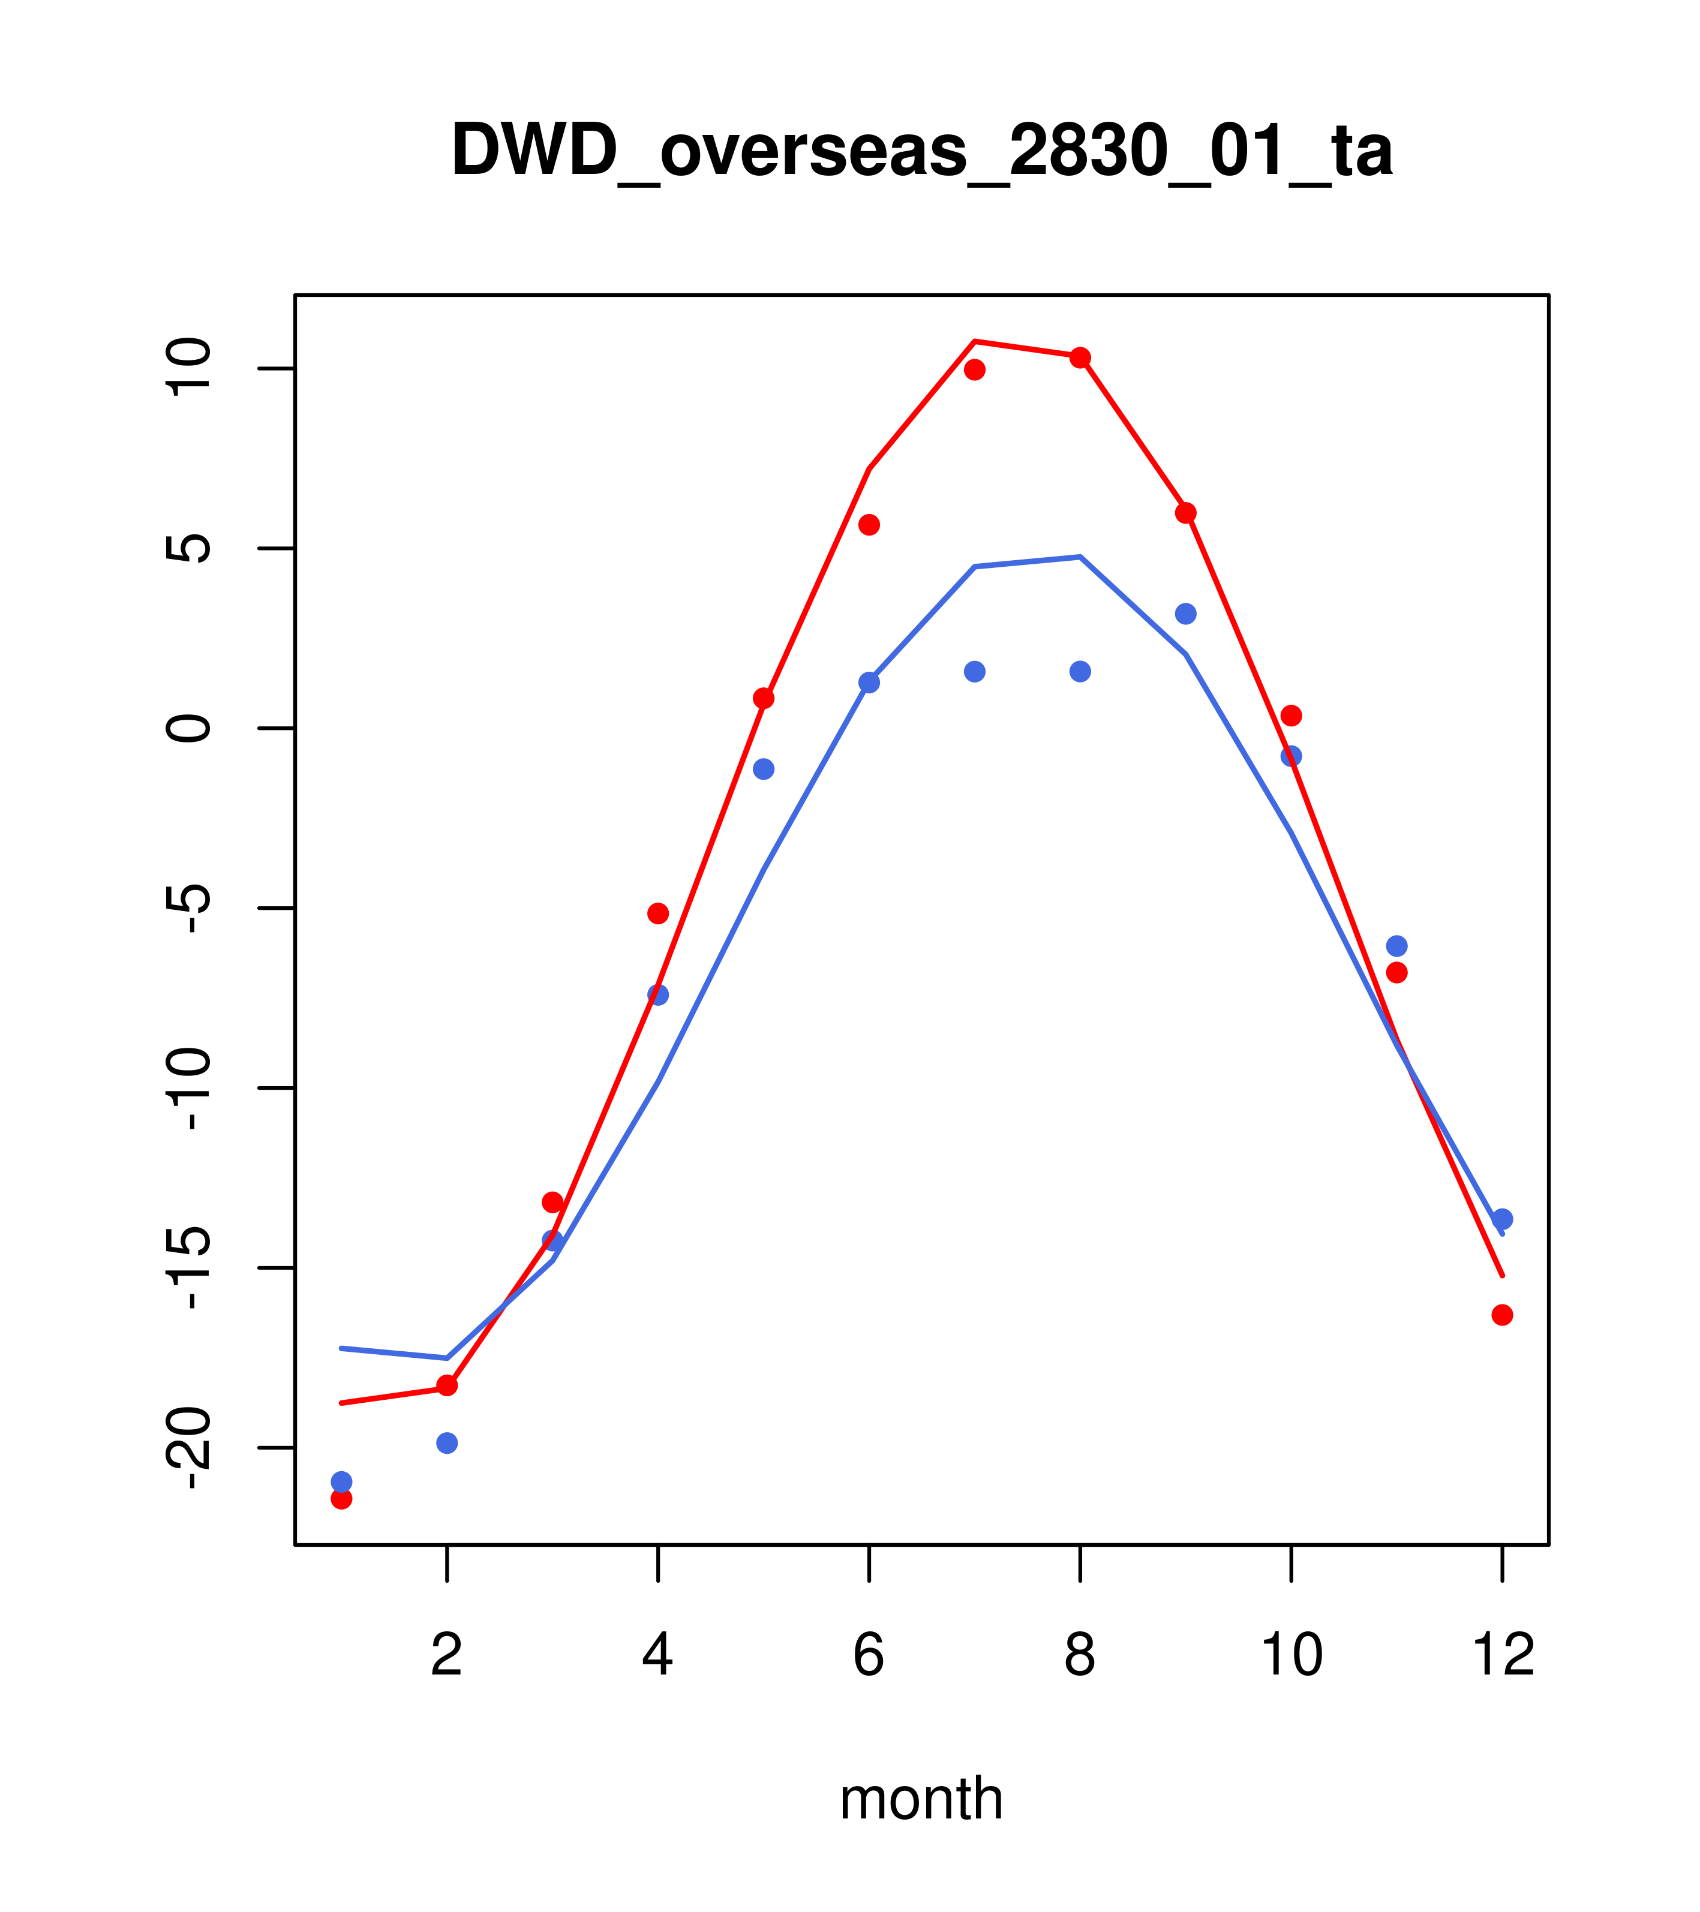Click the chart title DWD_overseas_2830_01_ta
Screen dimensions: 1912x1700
coord(921,151)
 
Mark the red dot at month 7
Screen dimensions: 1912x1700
coord(975,369)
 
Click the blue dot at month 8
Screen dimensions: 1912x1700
coord(1080,672)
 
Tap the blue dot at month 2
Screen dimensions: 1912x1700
coord(447,1444)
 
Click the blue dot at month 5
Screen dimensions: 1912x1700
coord(764,769)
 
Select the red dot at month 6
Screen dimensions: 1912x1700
coord(869,525)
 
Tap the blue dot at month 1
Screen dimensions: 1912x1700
coord(341,1482)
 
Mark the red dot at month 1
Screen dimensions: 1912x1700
coord(341,1499)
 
